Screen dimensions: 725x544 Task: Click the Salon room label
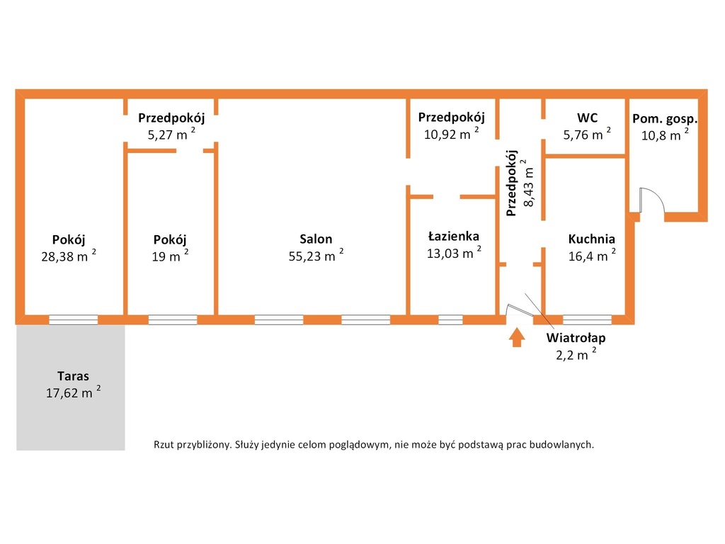pyautogui.click(x=316, y=239)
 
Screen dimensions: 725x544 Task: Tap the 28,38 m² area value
pyautogui.click(x=69, y=255)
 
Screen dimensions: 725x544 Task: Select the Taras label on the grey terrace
pyautogui.click(x=73, y=375)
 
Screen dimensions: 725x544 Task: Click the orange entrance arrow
pyautogui.click(x=516, y=337)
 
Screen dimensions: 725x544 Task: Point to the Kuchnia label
pyautogui.click(x=591, y=239)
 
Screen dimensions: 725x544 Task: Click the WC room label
pyautogui.click(x=587, y=118)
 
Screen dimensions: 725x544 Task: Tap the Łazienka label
pyautogui.click(x=454, y=236)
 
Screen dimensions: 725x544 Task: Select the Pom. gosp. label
pyautogui.click(x=665, y=118)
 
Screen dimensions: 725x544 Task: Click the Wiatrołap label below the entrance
pyautogui.click(x=576, y=337)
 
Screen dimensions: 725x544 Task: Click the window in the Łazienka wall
pyautogui.click(x=450, y=319)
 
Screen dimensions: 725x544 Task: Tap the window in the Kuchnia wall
pyautogui.click(x=587, y=319)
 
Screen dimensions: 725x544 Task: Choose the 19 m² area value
pyautogui.click(x=170, y=255)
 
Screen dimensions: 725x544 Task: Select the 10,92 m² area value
pyautogui.click(x=451, y=134)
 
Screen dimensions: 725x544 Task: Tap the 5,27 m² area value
pyautogui.click(x=171, y=134)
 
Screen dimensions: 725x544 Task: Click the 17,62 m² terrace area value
pyautogui.click(x=73, y=392)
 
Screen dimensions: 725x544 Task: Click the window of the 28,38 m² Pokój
pyautogui.click(x=73, y=319)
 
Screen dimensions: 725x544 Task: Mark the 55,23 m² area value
pyautogui.click(x=316, y=255)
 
